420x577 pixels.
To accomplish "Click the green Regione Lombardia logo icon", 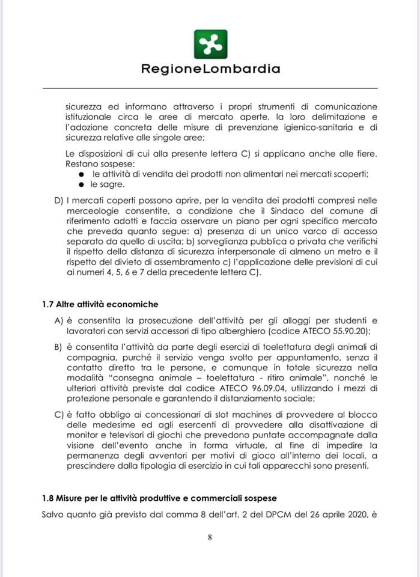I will point(210,44).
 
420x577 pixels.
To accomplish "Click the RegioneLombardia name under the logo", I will point(210,69).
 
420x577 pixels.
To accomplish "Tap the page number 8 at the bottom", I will point(210,538).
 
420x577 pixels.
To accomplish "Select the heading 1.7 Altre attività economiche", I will point(100,305).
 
